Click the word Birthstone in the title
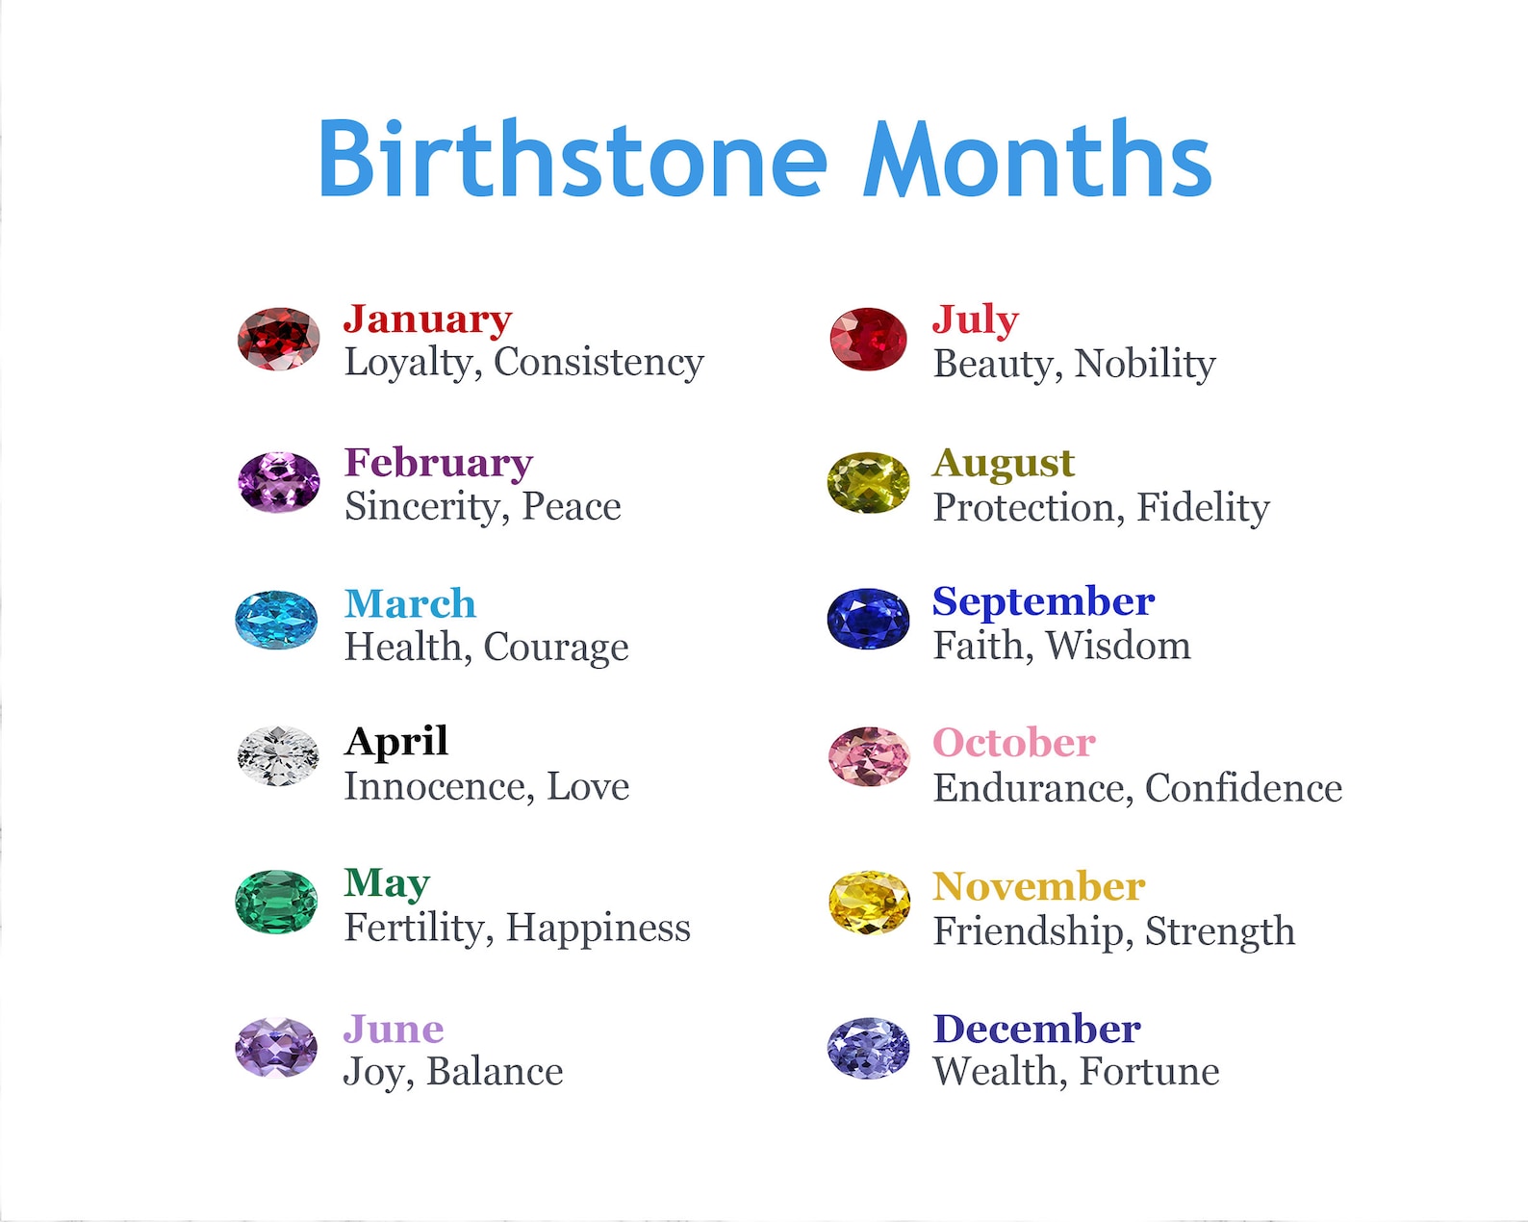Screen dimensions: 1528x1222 pyautogui.click(x=573, y=158)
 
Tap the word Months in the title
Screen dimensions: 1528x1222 pyautogui.click(x=1037, y=158)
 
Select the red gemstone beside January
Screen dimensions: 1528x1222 pyautogui.click(x=278, y=339)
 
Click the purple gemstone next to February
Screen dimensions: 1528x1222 pyautogui.click(x=278, y=481)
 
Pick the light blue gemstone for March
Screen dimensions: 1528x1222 pyautogui.click(x=276, y=619)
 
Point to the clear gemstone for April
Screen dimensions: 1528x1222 pyautogui.click(x=278, y=755)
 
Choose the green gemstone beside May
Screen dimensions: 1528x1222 pyautogui.click(x=276, y=901)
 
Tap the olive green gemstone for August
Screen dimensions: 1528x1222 pyautogui.click(x=868, y=482)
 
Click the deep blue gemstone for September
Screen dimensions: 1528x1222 pyautogui.click(x=868, y=619)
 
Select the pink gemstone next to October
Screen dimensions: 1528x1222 pyautogui.click(x=869, y=757)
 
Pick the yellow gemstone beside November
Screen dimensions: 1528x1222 pyautogui.click(x=869, y=902)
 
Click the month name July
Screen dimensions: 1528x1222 pyautogui.click(x=976, y=321)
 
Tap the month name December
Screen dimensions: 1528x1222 pyautogui.click(x=1036, y=1029)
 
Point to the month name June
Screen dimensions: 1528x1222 pyautogui.click(x=395, y=1029)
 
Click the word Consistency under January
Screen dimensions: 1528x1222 pyautogui.click(x=598, y=364)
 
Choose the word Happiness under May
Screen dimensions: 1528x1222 pyautogui.click(x=598, y=929)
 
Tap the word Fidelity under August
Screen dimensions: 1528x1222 pyautogui.click(x=1203, y=508)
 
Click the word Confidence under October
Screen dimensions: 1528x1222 pyautogui.click(x=1243, y=788)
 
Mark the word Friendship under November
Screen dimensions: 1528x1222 pyautogui.click(x=1028, y=931)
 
